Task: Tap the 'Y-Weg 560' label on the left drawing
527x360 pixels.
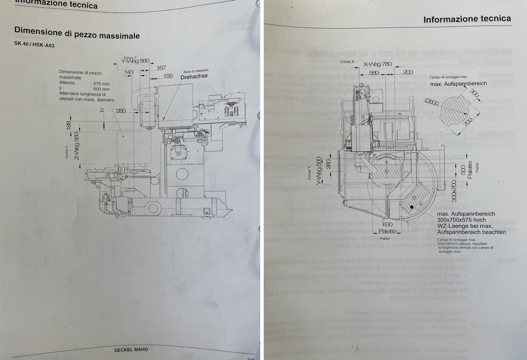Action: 135,61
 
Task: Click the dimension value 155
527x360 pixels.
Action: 168,76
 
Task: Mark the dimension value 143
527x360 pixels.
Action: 129,72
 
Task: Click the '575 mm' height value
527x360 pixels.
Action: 101,82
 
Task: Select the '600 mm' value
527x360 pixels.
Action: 101,88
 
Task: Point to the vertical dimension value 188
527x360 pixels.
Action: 69,124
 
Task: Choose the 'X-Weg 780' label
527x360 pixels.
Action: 377,64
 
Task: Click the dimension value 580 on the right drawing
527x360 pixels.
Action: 374,73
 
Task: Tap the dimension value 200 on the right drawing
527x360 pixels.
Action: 408,73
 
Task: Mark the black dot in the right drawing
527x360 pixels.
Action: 412,207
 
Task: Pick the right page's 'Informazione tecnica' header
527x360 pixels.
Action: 467,20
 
